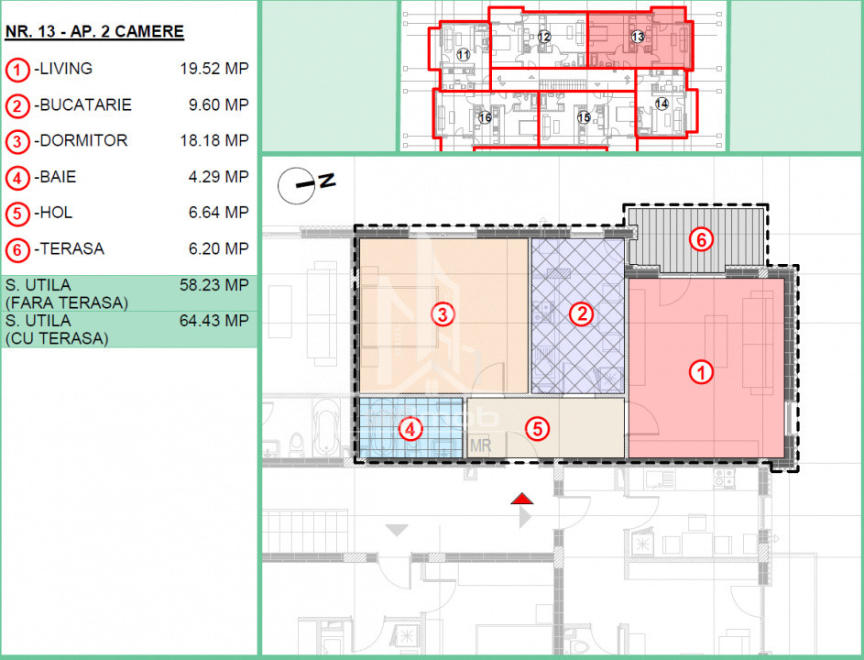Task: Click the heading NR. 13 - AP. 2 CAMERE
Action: pos(94,31)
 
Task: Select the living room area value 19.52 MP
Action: pos(214,69)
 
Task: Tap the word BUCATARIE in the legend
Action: pos(86,104)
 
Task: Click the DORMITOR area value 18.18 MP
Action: pos(214,140)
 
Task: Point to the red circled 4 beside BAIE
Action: pos(17,178)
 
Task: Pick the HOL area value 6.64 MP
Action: pos(219,213)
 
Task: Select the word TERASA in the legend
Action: pos(72,248)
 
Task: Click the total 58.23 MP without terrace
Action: pos(214,285)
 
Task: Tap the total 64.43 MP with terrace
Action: pos(214,320)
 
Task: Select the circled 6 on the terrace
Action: pos(702,239)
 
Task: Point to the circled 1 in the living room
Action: pos(702,372)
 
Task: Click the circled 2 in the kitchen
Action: pos(581,313)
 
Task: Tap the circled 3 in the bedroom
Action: pos(443,314)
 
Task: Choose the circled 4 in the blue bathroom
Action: pos(410,429)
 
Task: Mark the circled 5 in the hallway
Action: pos(537,429)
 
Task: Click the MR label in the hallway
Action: pos(480,445)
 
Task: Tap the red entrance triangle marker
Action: pos(522,499)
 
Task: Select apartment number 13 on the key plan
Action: pos(638,37)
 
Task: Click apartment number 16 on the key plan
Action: pos(485,117)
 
